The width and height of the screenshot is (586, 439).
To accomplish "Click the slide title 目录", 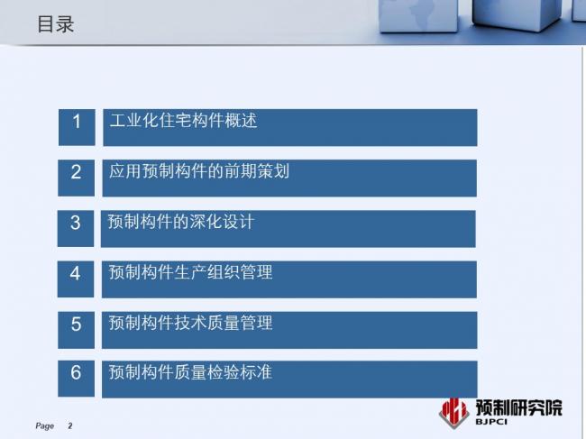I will tap(55, 24).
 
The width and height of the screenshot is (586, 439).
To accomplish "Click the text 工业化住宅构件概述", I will tap(183, 121).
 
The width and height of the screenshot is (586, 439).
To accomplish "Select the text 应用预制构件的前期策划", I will tap(198, 171).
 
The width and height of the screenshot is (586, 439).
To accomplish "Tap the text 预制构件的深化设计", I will tap(180, 222).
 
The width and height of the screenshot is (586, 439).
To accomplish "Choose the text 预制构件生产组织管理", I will tap(190, 272).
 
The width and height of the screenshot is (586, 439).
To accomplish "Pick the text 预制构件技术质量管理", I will tap(190, 323).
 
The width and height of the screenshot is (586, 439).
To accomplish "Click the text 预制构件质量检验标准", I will tap(190, 372).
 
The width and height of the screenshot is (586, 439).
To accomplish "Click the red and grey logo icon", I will tap(453, 411).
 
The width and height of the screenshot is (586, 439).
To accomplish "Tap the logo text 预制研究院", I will tap(518, 407).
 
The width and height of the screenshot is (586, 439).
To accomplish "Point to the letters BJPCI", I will tap(493, 422).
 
